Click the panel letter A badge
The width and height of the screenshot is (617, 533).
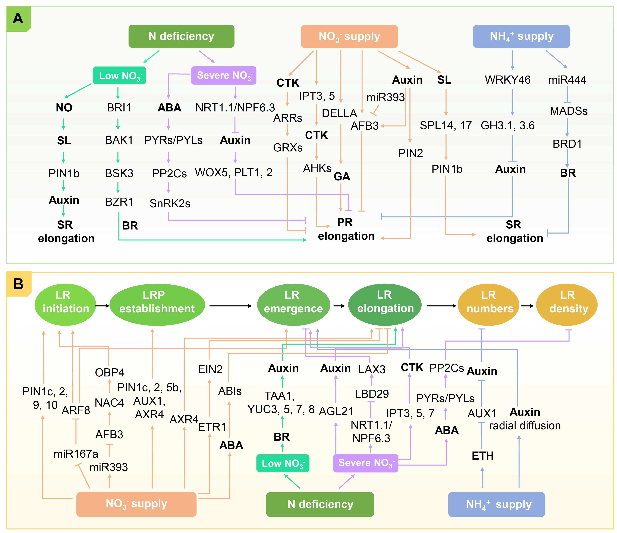(x=18, y=18)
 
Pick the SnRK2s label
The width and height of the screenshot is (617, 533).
(x=170, y=203)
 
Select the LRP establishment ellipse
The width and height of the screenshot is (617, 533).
(x=157, y=304)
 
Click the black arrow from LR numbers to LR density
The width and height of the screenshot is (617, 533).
(x=527, y=306)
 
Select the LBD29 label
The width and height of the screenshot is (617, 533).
(x=372, y=394)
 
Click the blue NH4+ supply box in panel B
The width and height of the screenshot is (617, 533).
(x=496, y=504)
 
